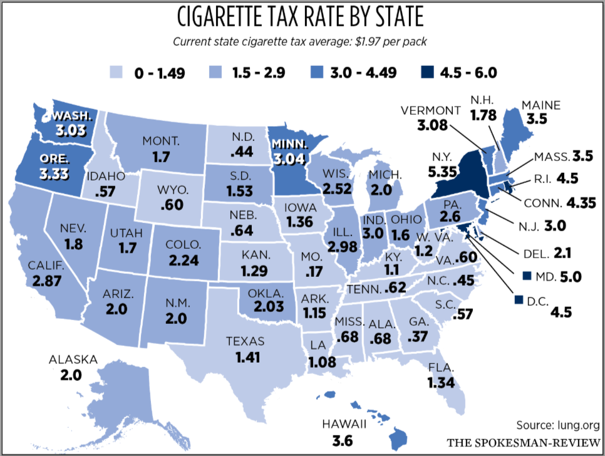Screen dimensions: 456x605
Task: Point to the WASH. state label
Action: tap(72, 116)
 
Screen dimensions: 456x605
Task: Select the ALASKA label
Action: tap(73, 360)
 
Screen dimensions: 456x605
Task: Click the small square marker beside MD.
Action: tap(527, 276)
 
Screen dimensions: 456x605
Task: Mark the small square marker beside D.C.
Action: tap(517, 300)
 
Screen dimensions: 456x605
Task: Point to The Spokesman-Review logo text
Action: tap(524, 443)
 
